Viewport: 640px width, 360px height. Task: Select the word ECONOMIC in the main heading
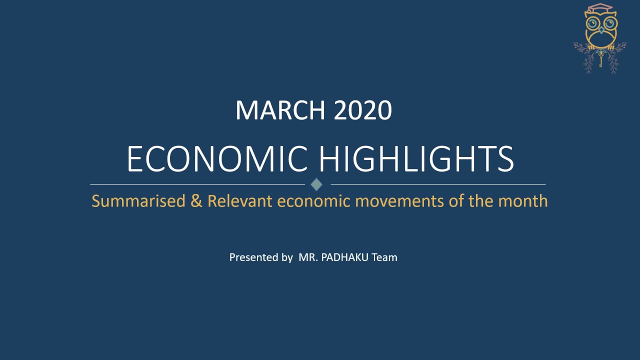tap(217, 159)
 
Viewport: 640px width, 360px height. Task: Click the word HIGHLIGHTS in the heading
tap(416, 159)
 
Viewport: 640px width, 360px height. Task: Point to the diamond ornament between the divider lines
tap(316, 184)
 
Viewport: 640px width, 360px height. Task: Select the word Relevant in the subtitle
tap(239, 201)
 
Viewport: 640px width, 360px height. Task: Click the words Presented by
tap(261, 257)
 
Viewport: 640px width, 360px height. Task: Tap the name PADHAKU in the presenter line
tap(343, 257)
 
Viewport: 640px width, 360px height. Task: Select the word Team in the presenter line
tap(384, 257)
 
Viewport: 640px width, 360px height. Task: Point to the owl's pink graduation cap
tap(599, 9)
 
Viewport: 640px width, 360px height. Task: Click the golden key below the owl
tap(600, 59)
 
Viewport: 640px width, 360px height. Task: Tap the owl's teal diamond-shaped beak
tap(600, 30)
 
